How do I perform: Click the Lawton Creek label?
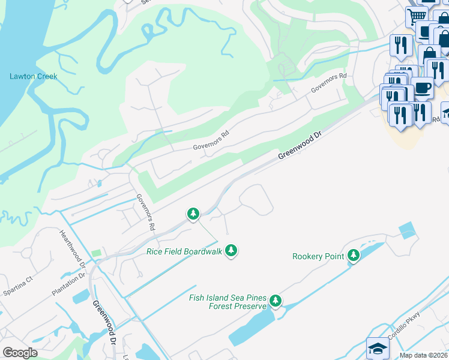point(33,76)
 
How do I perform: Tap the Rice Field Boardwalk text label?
point(184,251)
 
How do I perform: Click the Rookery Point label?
point(318,256)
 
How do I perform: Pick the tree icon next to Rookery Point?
point(354,256)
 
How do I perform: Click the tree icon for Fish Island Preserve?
point(276,300)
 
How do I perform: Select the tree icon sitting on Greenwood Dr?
point(193,214)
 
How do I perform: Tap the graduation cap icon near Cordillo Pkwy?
point(378,347)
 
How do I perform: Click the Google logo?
point(20,353)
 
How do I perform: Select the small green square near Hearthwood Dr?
point(97,254)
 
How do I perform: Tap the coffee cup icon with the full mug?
point(422,88)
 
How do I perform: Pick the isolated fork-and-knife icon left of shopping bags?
point(400,45)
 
